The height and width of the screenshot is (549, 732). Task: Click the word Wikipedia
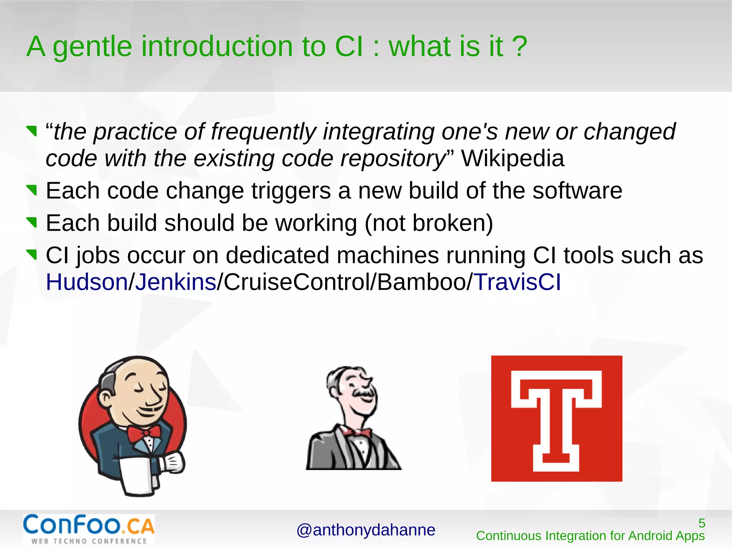click(x=513, y=158)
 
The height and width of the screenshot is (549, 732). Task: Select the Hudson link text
click(x=86, y=282)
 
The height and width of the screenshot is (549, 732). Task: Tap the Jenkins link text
click(x=175, y=282)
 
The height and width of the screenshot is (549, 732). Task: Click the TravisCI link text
click(x=517, y=282)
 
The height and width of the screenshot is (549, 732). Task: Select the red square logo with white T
click(x=557, y=418)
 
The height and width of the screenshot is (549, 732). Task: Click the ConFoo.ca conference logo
click(x=89, y=529)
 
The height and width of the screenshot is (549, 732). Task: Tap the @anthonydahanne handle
click(x=366, y=530)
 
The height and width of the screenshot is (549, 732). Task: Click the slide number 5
click(x=702, y=523)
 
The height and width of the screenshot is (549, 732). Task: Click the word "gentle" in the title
click(x=92, y=46)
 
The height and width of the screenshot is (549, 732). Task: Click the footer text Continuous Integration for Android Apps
click(x=590, y=536)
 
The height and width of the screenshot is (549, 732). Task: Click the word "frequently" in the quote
click(x=263, y=132)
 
